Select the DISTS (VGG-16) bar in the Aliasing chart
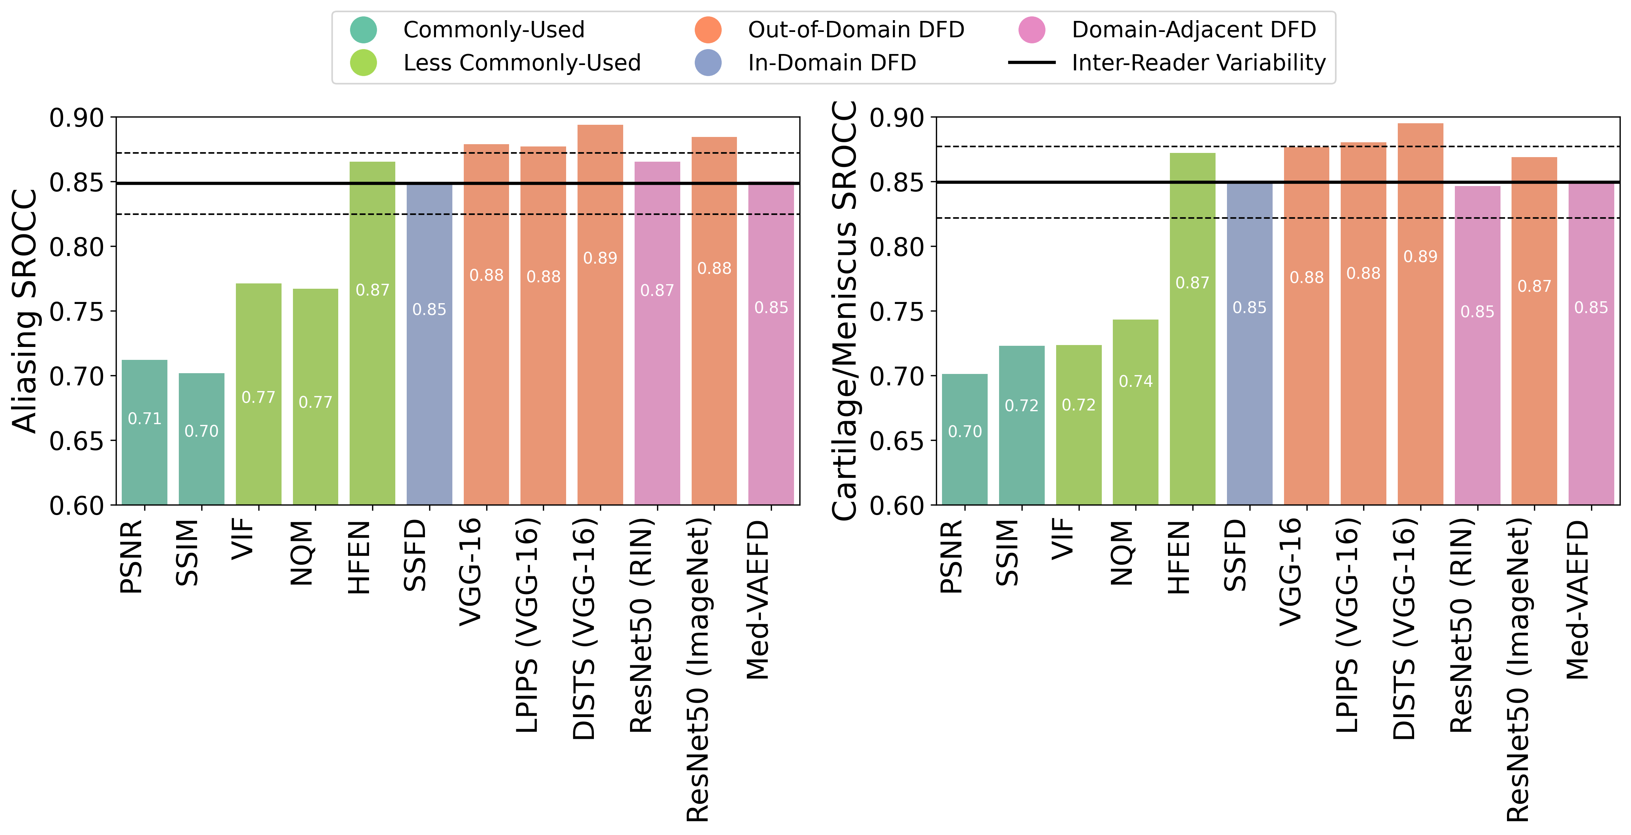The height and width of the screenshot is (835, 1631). click(600, 315)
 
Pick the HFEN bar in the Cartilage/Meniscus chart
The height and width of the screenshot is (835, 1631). click(1192, 329)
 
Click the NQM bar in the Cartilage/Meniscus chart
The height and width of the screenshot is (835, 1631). click(1135, 412)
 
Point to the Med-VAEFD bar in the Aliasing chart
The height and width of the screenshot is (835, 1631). click(771, 343)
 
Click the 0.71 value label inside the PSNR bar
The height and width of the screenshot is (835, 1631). click(144, 418)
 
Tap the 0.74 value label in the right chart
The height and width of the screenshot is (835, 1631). click(1135, 381)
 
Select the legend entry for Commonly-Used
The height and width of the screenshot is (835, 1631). click(467, 30)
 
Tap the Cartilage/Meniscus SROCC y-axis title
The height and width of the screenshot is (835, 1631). click(845, 310)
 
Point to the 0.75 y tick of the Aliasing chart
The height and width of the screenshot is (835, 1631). click(76, 312)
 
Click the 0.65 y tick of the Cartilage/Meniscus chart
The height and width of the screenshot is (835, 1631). click(897, 441)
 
